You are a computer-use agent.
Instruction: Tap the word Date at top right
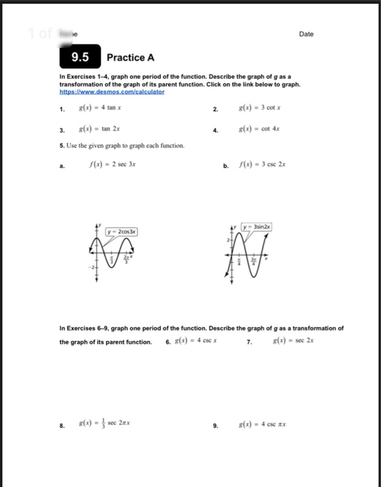pyautogui.click(x=306, y=34)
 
